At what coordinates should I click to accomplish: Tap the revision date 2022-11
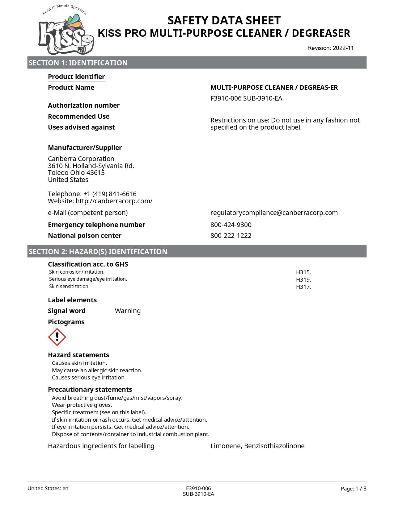pyautogui.click(x=343, y=48)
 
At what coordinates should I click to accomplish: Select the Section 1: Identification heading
pyautogui.click(x=78, y=63)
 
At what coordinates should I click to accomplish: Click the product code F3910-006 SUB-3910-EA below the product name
pyautogui.click(x=246, y=98)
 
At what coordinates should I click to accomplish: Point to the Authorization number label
pyautogui.click(x=84, y=106)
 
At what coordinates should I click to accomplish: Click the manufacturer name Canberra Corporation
pyautogui.click(x=81, y=159)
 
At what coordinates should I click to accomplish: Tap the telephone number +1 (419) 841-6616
pyautogui.click(x=110, y=194)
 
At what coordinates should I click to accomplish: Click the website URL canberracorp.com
pyautogui.click(x=114, y=201)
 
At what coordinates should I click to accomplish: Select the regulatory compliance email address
pyautogui.click(x=274, y=213)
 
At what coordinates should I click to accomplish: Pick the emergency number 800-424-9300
pyautogui.click(x=231, y=225)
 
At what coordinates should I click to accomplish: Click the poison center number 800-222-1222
pyautogui.click(x=231, y=236)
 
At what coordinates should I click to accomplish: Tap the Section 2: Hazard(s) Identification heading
pyautogui.click(x=98, y=252)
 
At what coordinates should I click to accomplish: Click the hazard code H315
pyautogui.click(x=303, y=272)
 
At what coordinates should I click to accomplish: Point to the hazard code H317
pyautogui.click(x=303, y=287)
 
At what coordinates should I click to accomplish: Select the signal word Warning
pyautogui.click(x=128, y=311)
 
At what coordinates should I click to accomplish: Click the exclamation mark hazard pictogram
pyautogui.click(x=57, y=337)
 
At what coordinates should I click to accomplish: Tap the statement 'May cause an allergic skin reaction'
pyautogui.click(x=97, y=370)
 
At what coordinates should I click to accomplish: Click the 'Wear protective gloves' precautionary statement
pyautogui.click(x=82, y=405)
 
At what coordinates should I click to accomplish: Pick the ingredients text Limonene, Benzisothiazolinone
pyautogui.click(x=257, y=446)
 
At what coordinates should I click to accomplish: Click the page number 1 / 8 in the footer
pyautogui.click(x=361, y=489)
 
